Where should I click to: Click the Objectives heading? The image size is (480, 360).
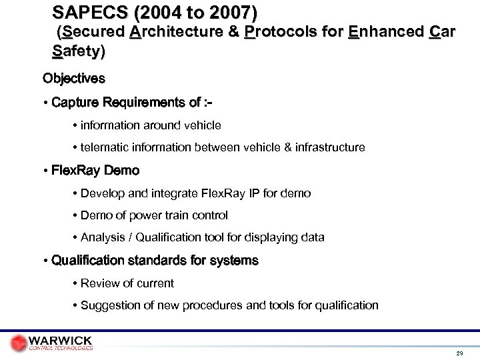click(73, 79)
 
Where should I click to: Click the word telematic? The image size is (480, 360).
click(106, 147)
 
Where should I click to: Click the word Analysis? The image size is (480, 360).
click(103, 237)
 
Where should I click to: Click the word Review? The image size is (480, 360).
click(99, 283)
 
